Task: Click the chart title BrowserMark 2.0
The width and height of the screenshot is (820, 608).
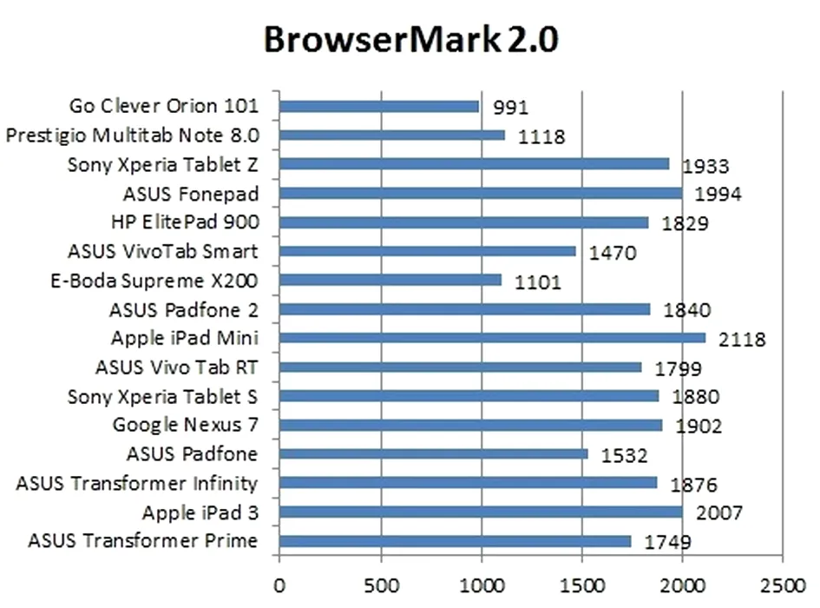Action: [x=410, y=40]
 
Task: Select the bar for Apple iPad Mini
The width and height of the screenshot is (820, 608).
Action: [x=492, y=338]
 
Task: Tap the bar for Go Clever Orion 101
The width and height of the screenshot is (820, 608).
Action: [x=379, y=106]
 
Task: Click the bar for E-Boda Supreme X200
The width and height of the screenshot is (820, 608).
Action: [x=390, y=280]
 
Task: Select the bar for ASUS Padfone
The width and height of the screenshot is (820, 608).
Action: [x=433, y=453]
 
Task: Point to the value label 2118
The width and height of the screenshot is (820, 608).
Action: [x=742, y=340]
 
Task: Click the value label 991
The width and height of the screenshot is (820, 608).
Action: [x=510, y=108]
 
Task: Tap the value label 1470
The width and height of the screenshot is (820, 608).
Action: [x=613, y=254]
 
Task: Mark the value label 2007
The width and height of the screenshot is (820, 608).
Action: [x=718, y=513]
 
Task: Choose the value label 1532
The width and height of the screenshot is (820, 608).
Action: [x=625, y=455]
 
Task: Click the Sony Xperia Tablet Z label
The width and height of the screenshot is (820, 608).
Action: [x=162, y=164]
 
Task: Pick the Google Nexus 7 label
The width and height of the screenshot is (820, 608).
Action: [x=185, y=425]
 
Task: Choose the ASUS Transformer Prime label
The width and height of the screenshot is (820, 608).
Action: [x=142, y=541]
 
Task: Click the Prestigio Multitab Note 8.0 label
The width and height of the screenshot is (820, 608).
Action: [x=132, y=135]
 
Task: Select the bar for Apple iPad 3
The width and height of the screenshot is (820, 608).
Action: [x=481, y=512]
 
